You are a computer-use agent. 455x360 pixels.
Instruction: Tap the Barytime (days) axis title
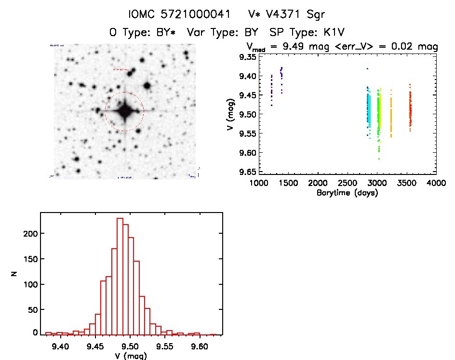347,193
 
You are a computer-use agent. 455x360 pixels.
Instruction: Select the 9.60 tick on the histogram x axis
200,346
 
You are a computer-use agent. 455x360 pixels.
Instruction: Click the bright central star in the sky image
124,111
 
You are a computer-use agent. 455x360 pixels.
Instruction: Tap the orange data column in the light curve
391,116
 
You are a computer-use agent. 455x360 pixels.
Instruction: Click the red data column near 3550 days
410,111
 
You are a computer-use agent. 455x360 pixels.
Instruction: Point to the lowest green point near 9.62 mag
379,159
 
